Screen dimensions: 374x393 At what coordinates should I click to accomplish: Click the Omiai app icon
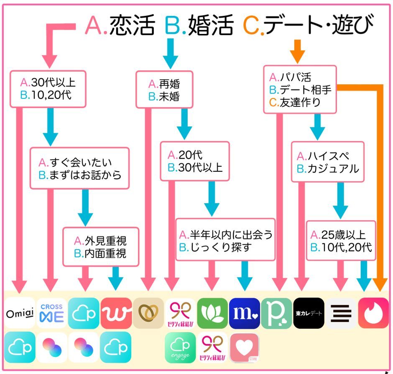(x=20, y=313)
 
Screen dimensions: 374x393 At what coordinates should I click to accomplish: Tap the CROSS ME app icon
(x=52, y=313)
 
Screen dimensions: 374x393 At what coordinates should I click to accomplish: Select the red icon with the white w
(x=116, y=313)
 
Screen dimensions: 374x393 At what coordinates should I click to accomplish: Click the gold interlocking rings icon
(x=148, y=313)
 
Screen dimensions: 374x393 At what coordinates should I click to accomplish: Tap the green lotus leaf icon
(x=213, y=313)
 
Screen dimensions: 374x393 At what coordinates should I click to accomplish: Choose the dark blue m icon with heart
(x=245, y=313)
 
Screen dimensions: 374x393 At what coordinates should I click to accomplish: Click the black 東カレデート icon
(x=309, y=313)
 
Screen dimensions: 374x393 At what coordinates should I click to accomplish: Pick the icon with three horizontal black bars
(x=341, y=313)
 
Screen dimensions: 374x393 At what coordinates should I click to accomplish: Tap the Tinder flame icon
(x=373, y=313)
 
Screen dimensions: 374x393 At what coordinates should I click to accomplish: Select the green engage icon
(x=181, y=348)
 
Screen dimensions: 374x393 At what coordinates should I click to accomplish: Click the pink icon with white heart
(x=245, y=348)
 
